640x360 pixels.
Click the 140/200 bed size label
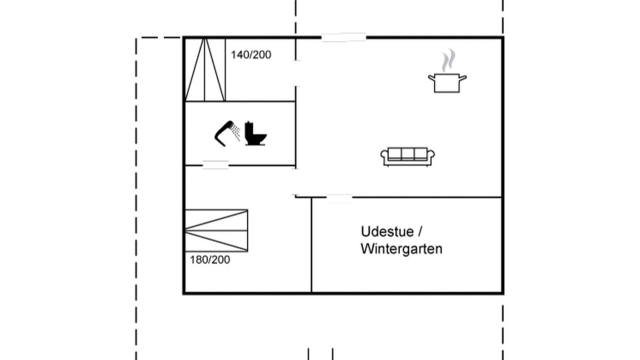251,55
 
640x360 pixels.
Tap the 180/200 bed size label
210,259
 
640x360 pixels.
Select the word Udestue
387,231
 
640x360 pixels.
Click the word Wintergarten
401,249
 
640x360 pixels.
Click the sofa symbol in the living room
407,157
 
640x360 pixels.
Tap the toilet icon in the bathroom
255,133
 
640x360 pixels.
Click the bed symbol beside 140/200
205,69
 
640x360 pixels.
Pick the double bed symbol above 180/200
216,230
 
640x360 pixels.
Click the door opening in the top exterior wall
343,37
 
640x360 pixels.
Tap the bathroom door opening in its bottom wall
215,165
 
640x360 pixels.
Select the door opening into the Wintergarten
339,197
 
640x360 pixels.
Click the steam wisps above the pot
448,60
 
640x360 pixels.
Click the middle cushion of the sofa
407,154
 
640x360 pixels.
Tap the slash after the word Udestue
420,231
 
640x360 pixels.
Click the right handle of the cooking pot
463,77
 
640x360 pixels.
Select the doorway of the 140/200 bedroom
296,73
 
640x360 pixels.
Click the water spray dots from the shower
235,132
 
